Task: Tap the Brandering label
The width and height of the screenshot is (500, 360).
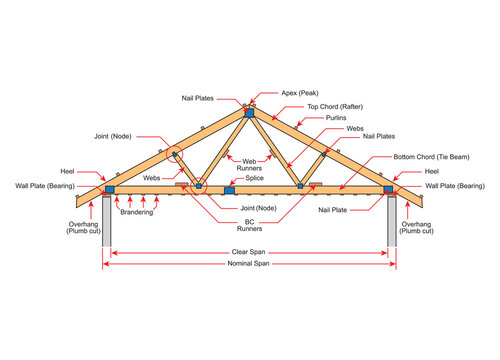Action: [136, 213]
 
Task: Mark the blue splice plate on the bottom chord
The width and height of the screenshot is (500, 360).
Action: [229, 188]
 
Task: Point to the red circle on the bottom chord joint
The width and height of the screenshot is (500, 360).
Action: [199, 185]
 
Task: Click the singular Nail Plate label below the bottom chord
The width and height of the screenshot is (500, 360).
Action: [333, 210]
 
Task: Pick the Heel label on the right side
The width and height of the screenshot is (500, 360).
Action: [432, 172]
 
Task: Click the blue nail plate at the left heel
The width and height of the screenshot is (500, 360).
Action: [108, 188]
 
